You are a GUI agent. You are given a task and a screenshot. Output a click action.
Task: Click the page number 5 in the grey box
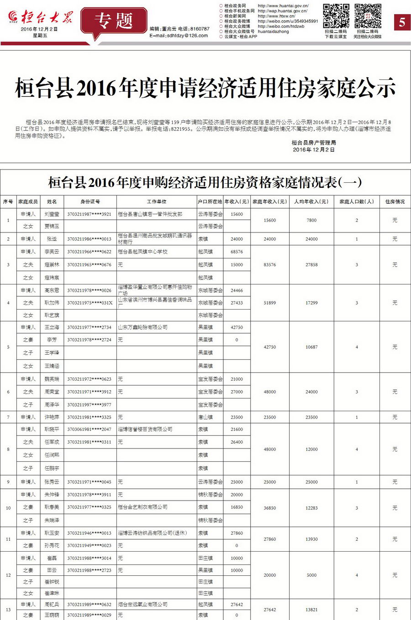click(x=402, y=22)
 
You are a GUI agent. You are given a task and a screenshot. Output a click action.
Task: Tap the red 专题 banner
click(x=114, y=21)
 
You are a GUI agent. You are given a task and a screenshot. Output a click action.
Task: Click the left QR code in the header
click(x=336, y=16)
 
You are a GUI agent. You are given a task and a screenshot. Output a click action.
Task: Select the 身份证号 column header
click(x=90, y=201)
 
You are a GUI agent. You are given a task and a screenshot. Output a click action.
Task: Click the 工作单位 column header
click(x=157, y=201)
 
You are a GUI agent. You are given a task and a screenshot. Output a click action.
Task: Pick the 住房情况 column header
click(x=395, y=201)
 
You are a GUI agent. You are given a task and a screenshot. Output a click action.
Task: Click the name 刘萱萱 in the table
click(x=52, y=214)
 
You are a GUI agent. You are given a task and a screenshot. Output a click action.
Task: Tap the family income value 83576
click(x=269, y=264)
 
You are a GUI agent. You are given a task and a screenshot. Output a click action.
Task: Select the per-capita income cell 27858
click(x=311, y=264)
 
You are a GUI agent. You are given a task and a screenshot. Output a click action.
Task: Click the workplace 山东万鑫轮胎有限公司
click(x=142, y=327)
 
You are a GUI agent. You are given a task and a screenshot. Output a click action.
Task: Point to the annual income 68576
click(x=237, y=252)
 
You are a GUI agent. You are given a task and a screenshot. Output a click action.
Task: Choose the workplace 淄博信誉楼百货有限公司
click(x=145, y=429)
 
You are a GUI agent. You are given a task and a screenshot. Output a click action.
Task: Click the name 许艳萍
click(x=52, y=417)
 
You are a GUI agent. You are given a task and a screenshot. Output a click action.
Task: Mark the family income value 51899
click(x=269, y=303)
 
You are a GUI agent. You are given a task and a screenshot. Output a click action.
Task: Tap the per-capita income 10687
click(x=311, y=347)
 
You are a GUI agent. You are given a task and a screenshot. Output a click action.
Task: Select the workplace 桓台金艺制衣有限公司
click(x=142, y=507)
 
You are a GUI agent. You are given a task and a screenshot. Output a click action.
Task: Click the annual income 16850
click(x=237, y=507)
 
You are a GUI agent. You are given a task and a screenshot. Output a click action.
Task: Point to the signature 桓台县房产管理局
click(x=314, y=143)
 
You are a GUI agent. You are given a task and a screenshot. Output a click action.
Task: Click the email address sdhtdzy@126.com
click(x=187, y=36)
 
